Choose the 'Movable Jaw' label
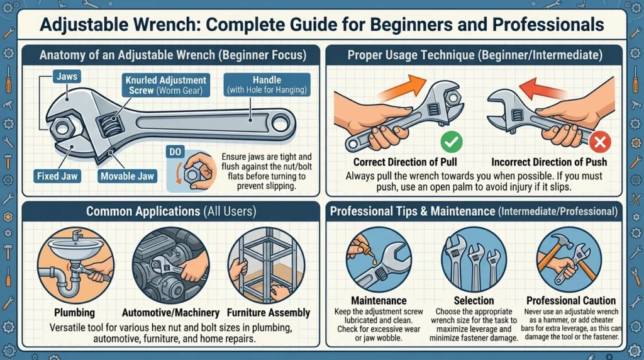click(x=127, y=176)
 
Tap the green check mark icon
click(x=450, y=142)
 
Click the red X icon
click(x=601, y=143)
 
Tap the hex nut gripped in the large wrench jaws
click(x=62, y=129)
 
